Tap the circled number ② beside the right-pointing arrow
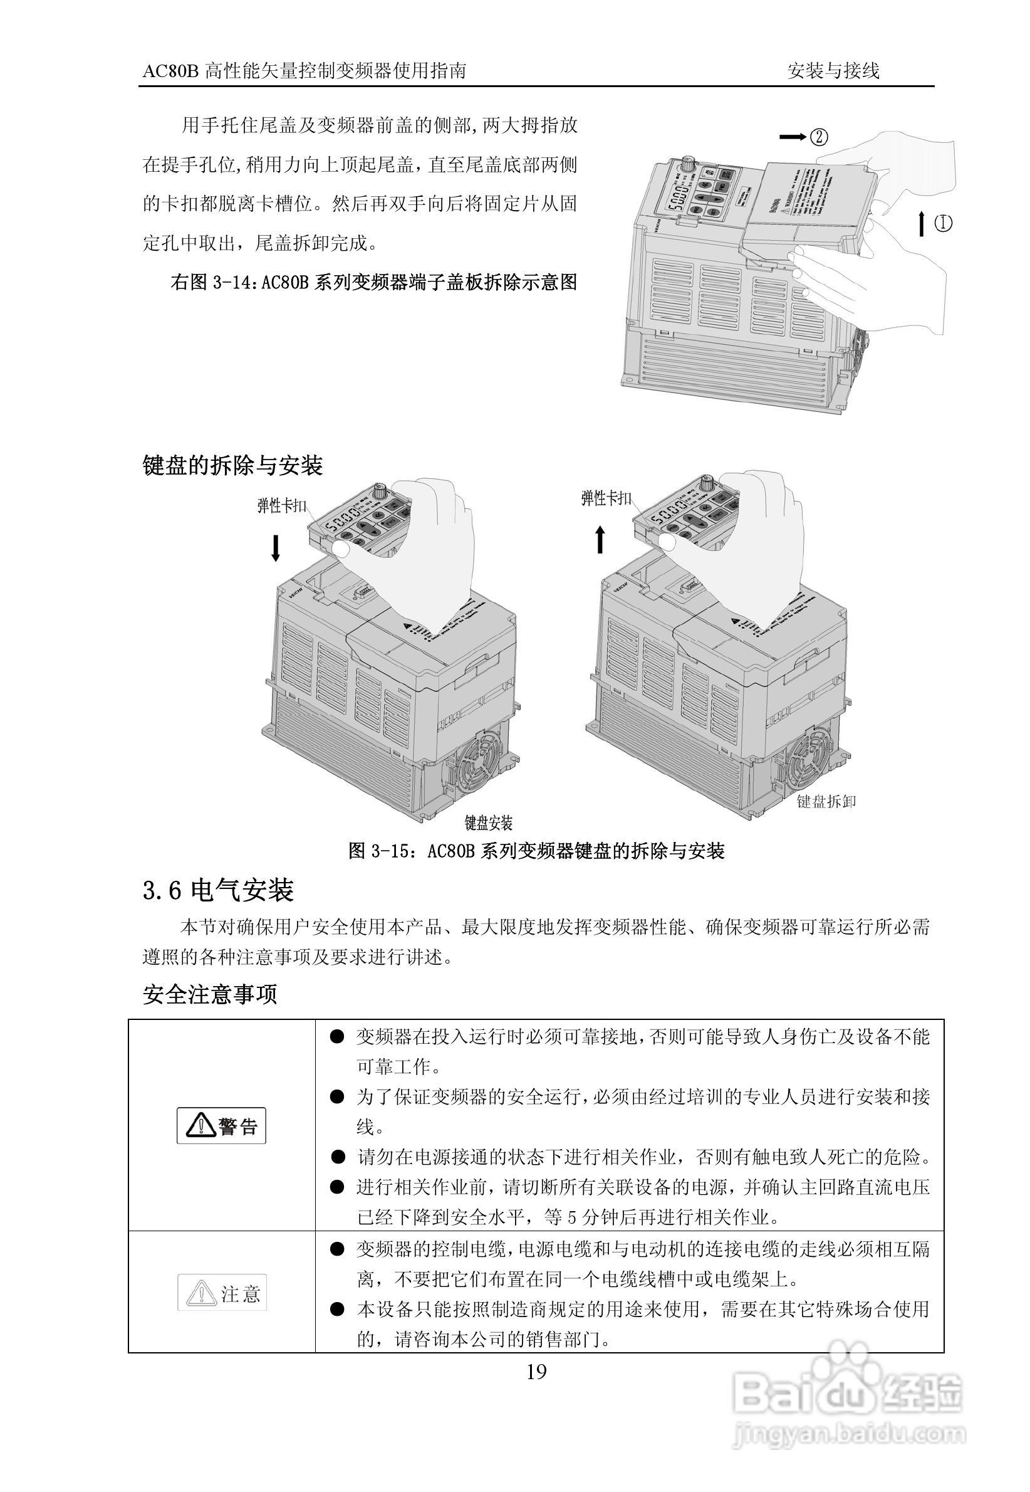818,137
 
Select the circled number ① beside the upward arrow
943,223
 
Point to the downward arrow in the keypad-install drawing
276,547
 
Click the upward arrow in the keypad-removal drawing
600,539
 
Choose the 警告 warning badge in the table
221,1127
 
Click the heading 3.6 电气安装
218,890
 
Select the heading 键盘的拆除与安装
232,465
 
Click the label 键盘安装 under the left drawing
489,823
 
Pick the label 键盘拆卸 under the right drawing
826,801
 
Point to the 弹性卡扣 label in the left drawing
281,505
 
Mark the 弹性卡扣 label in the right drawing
606,498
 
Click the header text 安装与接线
833,70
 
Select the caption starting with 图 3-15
536,851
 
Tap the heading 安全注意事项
210,994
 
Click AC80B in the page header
170,71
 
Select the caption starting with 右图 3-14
373,282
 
